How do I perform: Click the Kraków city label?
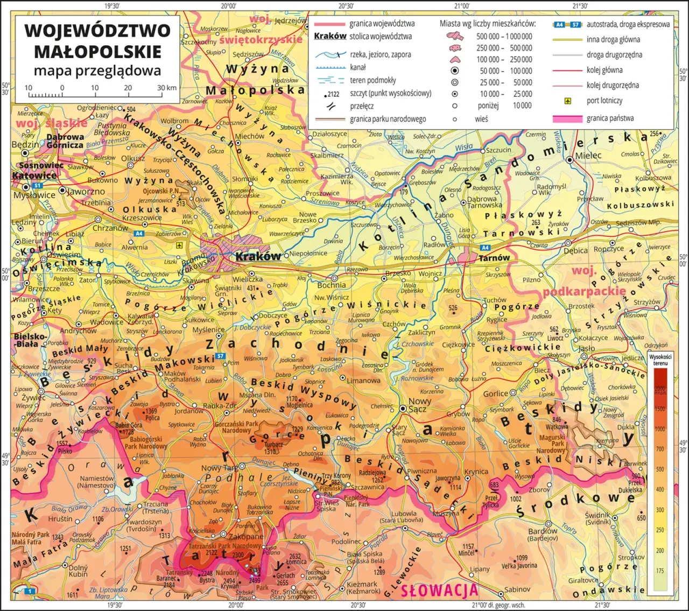[x=258, y=257]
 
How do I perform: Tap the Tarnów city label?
[x=494, y=258]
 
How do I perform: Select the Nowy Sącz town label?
[x=419, y=405]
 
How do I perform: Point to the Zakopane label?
[x=246, y=537]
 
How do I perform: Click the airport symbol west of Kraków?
[x=179, y=245]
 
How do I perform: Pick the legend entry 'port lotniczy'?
[x=604, y=101]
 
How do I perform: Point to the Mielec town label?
[x=588, y=155]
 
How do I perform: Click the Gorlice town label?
[x=495, y=394]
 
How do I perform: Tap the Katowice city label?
[x=34, y=175]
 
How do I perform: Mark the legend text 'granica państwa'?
[x=610, y=118]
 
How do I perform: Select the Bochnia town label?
[x=332, y=285]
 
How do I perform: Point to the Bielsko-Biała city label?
[x=26, y=340]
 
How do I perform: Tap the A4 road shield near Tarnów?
[x=485, y=248]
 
